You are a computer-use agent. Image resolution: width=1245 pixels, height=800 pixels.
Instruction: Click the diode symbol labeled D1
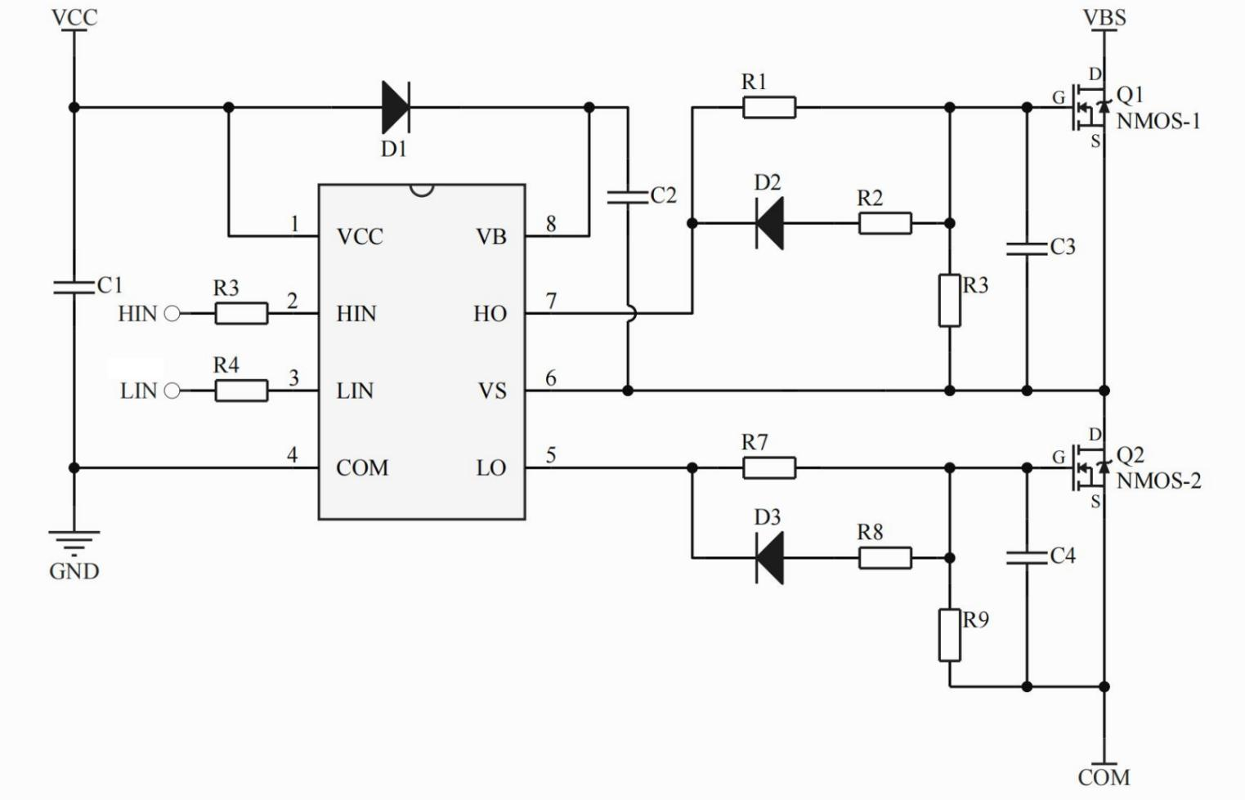pyautogui.click(x=396, y=107)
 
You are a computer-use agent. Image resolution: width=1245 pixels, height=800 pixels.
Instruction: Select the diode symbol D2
pyautogui.click(x=769, y=223)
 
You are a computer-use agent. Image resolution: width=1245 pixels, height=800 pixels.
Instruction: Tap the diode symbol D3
pyautogui.click(x=769, y=558)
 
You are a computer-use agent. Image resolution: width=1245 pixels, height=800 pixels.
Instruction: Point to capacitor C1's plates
pyautogui.click(x=74, y=287)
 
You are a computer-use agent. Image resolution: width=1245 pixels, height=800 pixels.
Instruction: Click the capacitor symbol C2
pyautogui.click(x=628, y=196)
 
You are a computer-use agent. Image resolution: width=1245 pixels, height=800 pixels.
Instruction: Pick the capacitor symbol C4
pyautogui.click(x=1027, y=557)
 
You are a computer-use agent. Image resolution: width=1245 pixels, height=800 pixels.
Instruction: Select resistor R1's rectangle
pyautogui.click(x=769, y=107)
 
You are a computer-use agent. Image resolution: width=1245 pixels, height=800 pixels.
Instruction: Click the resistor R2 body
pyautogui.click(x=884, y=223)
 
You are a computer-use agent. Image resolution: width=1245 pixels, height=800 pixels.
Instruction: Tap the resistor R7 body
pyautogui.click(x=769, y=468)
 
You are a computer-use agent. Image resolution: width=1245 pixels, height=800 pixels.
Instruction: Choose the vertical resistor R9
pyautogui.click(x=949, y=635)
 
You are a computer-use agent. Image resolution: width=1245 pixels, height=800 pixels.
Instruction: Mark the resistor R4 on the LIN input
pyautogui.click(x=241, y=391)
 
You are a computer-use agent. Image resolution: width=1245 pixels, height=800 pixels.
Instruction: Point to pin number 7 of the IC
pyautogui.click(x=552, y=301)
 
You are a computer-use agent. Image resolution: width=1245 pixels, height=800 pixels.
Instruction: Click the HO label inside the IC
pyautogui.click(x=490, y=314)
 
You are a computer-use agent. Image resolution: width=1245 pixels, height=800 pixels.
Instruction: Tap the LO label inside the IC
pyautogui.click(x=490, y=468)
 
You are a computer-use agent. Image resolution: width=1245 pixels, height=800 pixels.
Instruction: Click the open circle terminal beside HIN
pyautogui.click(x=172, y=314)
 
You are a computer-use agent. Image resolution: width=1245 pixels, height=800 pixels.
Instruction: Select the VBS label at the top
pyautogui.click(x=1104, y=17)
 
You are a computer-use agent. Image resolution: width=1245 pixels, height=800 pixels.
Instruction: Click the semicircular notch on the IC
pyautogui.click(x=422, y=190)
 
